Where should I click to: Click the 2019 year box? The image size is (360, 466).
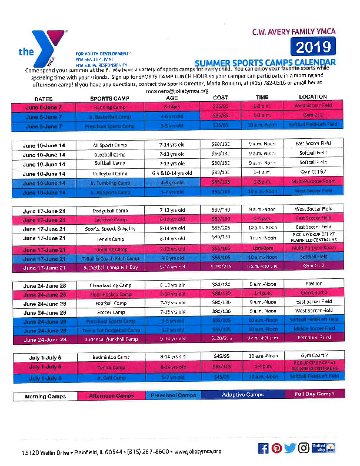click(x=314, y=47)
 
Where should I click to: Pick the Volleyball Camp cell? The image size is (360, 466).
click(x=110, y=174)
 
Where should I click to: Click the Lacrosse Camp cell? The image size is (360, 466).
click(x=110, y=219)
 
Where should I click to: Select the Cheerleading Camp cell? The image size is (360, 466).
click(x=110, y=284)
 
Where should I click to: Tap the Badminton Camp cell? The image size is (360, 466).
click(x=110, y=357)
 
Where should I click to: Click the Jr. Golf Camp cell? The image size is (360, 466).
click(x=110, y=376)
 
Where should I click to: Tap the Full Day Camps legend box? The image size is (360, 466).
click(x=314, y=394)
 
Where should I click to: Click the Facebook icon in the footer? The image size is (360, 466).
click(x=264, y=448)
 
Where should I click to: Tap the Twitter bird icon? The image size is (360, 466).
click(x=290, y=448)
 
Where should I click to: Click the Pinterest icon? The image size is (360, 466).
click(x=276, y=448)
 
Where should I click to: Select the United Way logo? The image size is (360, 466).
click(x=319, y=448)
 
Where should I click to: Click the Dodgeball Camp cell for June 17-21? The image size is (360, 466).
click(x=110, y=209)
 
